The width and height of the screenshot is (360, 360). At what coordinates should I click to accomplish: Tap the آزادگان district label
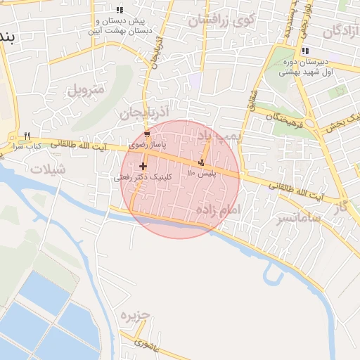pyautogui.click(x=341, y=32)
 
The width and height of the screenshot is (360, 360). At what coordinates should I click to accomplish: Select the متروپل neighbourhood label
pyautogui.click(x=86, y=90)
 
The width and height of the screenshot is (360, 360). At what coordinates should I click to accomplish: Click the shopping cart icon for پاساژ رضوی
pyautogui.click(x=146, y=134)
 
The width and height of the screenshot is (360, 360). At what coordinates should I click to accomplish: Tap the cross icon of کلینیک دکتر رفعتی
pyautogui.click(x=143, y=167)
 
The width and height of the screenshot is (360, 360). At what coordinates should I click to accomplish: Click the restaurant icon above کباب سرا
pyautogui.click(x=27, y=136)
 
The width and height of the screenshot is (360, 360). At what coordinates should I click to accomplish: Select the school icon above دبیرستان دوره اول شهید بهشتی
pyautogui.click(x=304, y=51)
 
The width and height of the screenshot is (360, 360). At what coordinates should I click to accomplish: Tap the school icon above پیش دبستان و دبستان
pyautogui.click(x=120, y=10)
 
